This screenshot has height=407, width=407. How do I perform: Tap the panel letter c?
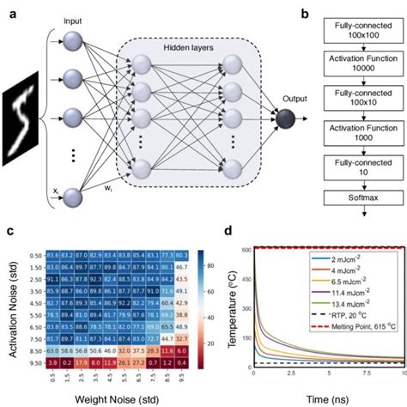(x=9, y=229)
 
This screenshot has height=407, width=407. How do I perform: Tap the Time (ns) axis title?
(x=326, y=398)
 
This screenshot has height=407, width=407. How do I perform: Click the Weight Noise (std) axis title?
(x=113, y=398)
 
